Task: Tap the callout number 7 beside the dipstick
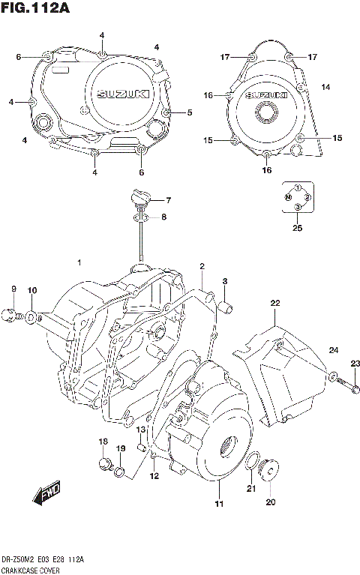(x=169, y=200)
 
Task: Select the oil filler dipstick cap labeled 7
(x=139, y=199)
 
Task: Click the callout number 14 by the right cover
(x=325, y=88)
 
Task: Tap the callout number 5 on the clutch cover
(x=190, y=113)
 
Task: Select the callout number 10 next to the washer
(x=31, y=290)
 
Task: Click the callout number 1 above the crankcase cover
(x=79, y=262)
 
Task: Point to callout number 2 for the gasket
(x=202, y=267)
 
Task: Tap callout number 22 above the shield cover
(x=275, y=303)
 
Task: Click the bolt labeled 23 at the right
(x=355, y=388)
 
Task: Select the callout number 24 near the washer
(x=334, y=350)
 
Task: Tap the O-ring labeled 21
(x=252, y=460)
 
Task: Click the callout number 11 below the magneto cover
(x=218, y=503)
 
